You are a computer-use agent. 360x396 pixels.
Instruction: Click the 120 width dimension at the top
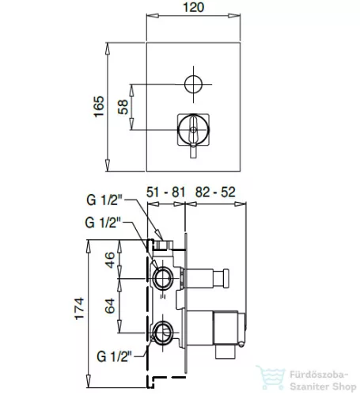coord(193,7)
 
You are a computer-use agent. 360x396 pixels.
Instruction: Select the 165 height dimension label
coord(99,107)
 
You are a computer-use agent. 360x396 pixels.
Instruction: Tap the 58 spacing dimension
coord(123,107)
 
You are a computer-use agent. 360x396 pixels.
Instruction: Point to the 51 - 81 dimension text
coord(165,192)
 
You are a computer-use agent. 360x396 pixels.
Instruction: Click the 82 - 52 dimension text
coord(215,192)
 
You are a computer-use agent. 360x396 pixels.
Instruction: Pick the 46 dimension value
coord(110,260)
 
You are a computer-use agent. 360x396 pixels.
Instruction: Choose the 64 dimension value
coord(110,306)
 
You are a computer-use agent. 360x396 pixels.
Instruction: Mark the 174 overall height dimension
coord(79,309)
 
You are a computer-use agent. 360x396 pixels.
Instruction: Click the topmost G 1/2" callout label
coord(104,200)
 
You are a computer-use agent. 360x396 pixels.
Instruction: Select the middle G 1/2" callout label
coord(103,223)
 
